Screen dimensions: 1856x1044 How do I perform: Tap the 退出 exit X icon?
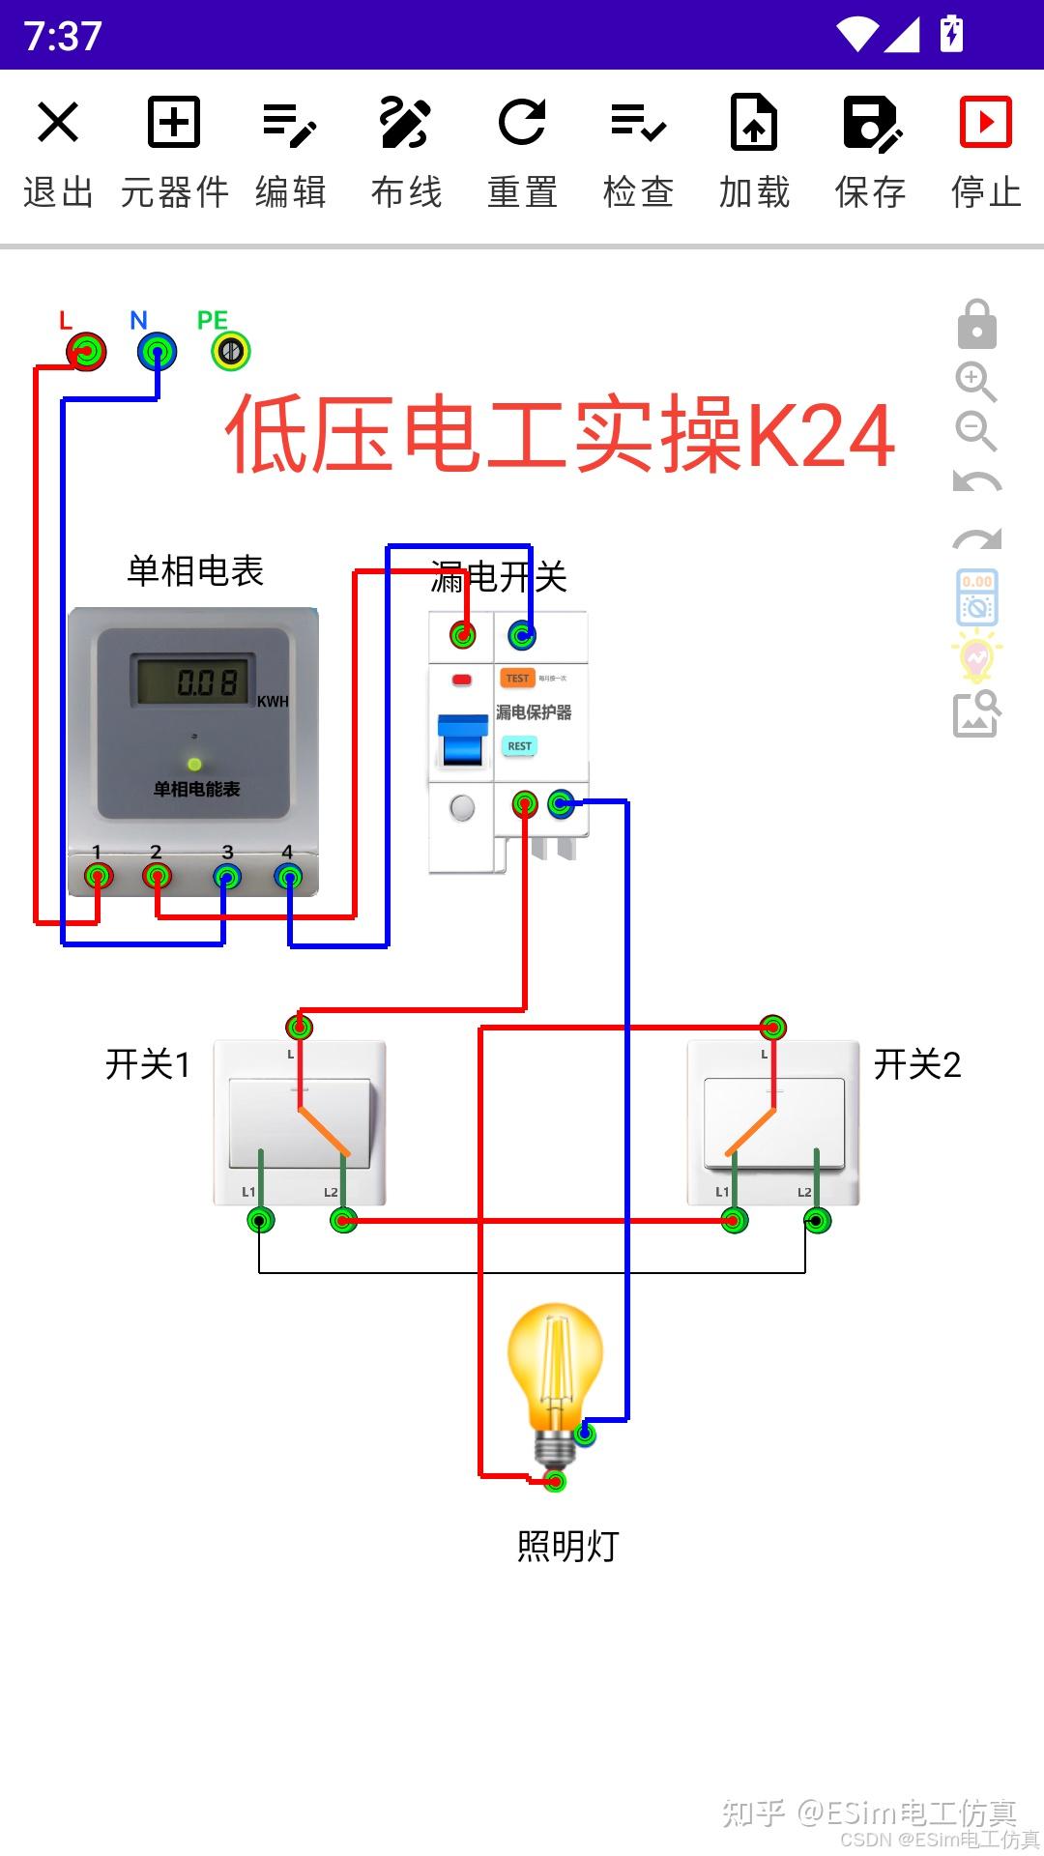click(58, 123)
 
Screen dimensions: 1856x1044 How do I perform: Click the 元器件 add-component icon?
click(174, 123)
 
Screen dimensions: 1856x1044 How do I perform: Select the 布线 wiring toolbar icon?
click(405, 123)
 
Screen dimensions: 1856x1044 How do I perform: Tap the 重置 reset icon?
click(522, 123)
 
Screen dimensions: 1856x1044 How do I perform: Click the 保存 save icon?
click(871, 123)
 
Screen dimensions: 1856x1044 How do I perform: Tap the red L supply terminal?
click(87, 351)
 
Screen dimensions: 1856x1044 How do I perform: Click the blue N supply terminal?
click(157, 351)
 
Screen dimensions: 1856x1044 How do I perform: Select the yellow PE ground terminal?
click(231, 351)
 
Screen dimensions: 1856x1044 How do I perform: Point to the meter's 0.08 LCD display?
click(193, 681)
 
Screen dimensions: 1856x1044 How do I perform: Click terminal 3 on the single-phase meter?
click(227, 877)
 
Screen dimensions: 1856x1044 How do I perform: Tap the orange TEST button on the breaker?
click(517, 679)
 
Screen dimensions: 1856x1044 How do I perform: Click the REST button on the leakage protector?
click(519, 746)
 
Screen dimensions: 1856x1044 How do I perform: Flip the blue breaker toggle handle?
click(463, 740)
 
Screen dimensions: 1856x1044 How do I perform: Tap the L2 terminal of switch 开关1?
click(343, 1221)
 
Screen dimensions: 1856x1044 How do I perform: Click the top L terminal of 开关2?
click(772, 1027)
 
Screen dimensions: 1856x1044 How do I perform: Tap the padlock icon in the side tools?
click(976, 325)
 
